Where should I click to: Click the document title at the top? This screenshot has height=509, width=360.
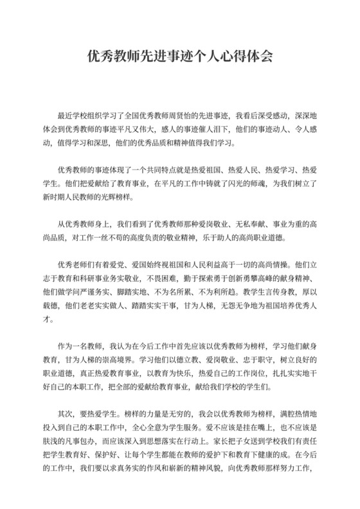[179, 57]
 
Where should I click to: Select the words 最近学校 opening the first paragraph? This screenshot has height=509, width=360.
[73, 116]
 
